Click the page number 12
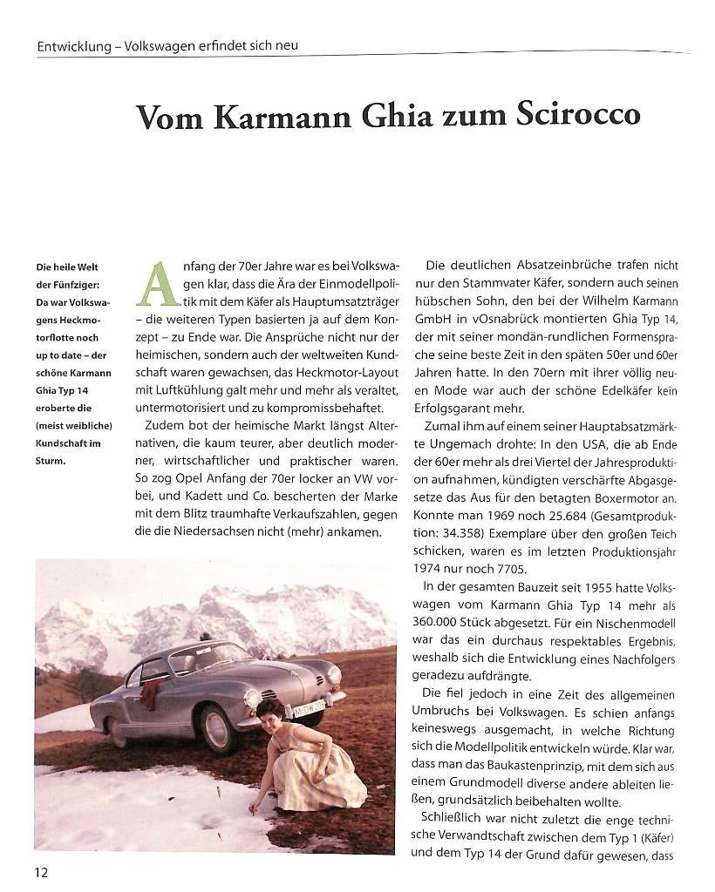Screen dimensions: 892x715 coord(43,872)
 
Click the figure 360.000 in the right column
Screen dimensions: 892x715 coord(453,624)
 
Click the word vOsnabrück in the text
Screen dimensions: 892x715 coord(505,321)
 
